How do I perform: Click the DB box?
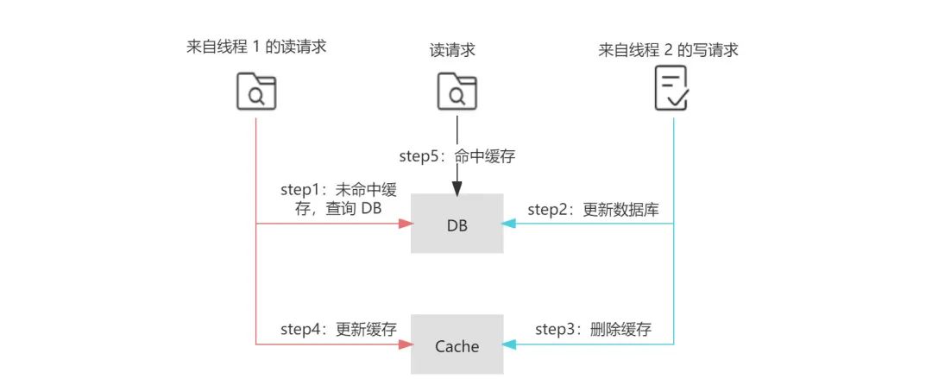pyautogui.click(x=457, y=224)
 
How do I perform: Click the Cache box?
pyautogui.click(x=457, y=345)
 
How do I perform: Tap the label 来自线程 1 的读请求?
pyautogui.click(x=256, y=47)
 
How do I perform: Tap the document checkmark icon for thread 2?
pyautogui.click(x=672, y=92)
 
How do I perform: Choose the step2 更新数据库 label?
pyautogui.click(x=595, y=209)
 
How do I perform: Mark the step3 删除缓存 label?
pyautogui.click(x=593, y=329)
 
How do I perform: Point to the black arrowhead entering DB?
pyautogui.click(x=457, y=187)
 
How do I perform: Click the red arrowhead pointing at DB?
pyautogui.click(x=404, y=224)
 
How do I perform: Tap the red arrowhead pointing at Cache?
pyautogui.click(x=404, y=345)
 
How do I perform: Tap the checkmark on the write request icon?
pyautogui.click(x=678, y=100)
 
